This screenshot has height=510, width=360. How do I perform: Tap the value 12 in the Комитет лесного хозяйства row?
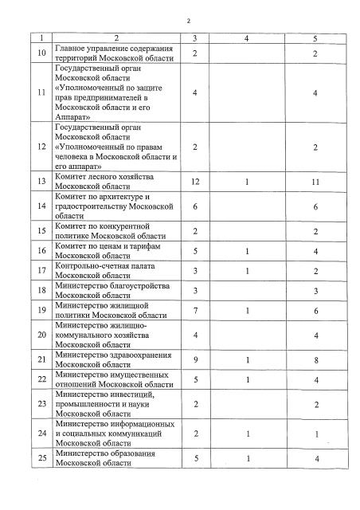[x=194, y=182]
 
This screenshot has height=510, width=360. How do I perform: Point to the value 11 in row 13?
[x=315, y=182]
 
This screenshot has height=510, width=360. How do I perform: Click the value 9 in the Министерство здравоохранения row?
[x=194, y=360]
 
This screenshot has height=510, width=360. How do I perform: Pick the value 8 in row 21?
[x=316, y=360]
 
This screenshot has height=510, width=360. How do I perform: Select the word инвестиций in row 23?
[x=133, y=394]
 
